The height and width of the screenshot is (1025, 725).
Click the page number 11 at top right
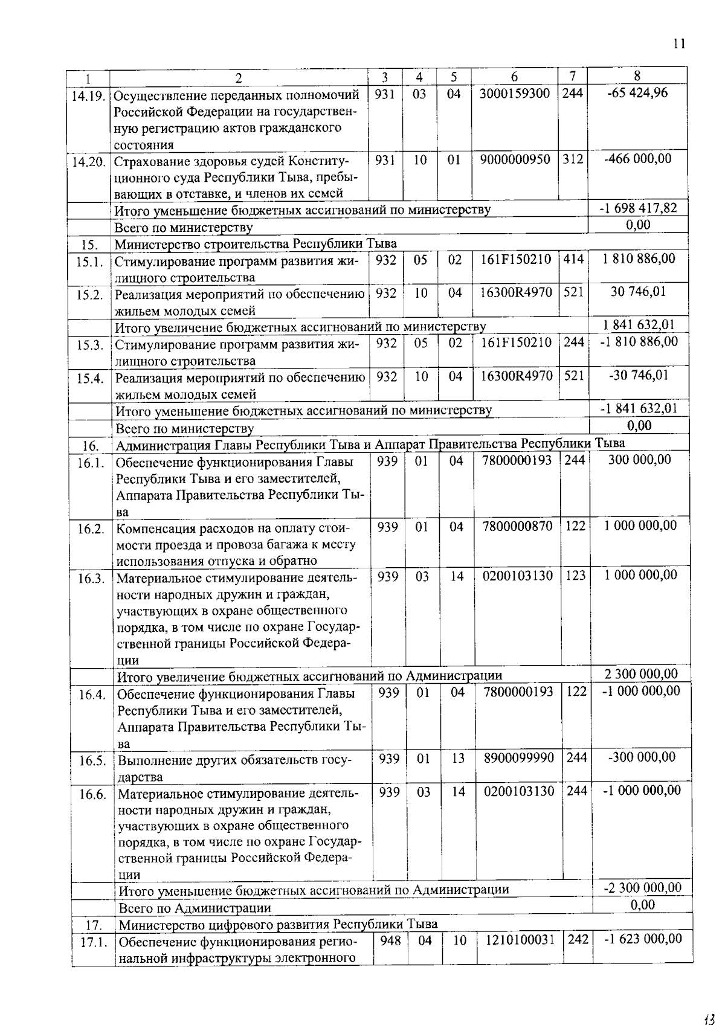pos(678,43)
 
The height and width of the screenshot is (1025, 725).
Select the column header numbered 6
pos(514,77)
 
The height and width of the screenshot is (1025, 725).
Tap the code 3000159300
pos(515,94)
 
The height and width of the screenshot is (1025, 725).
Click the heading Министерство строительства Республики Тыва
pos(256,243)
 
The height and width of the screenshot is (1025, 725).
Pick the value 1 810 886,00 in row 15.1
pos(639,259)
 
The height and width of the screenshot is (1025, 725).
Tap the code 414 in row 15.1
pos(573,259)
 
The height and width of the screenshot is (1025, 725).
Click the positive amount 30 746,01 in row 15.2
pos(639,292)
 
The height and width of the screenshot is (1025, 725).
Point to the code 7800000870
pos(517,526)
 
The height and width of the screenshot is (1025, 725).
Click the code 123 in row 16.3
pos(575,576)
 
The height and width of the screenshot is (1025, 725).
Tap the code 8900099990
pos(518,757)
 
